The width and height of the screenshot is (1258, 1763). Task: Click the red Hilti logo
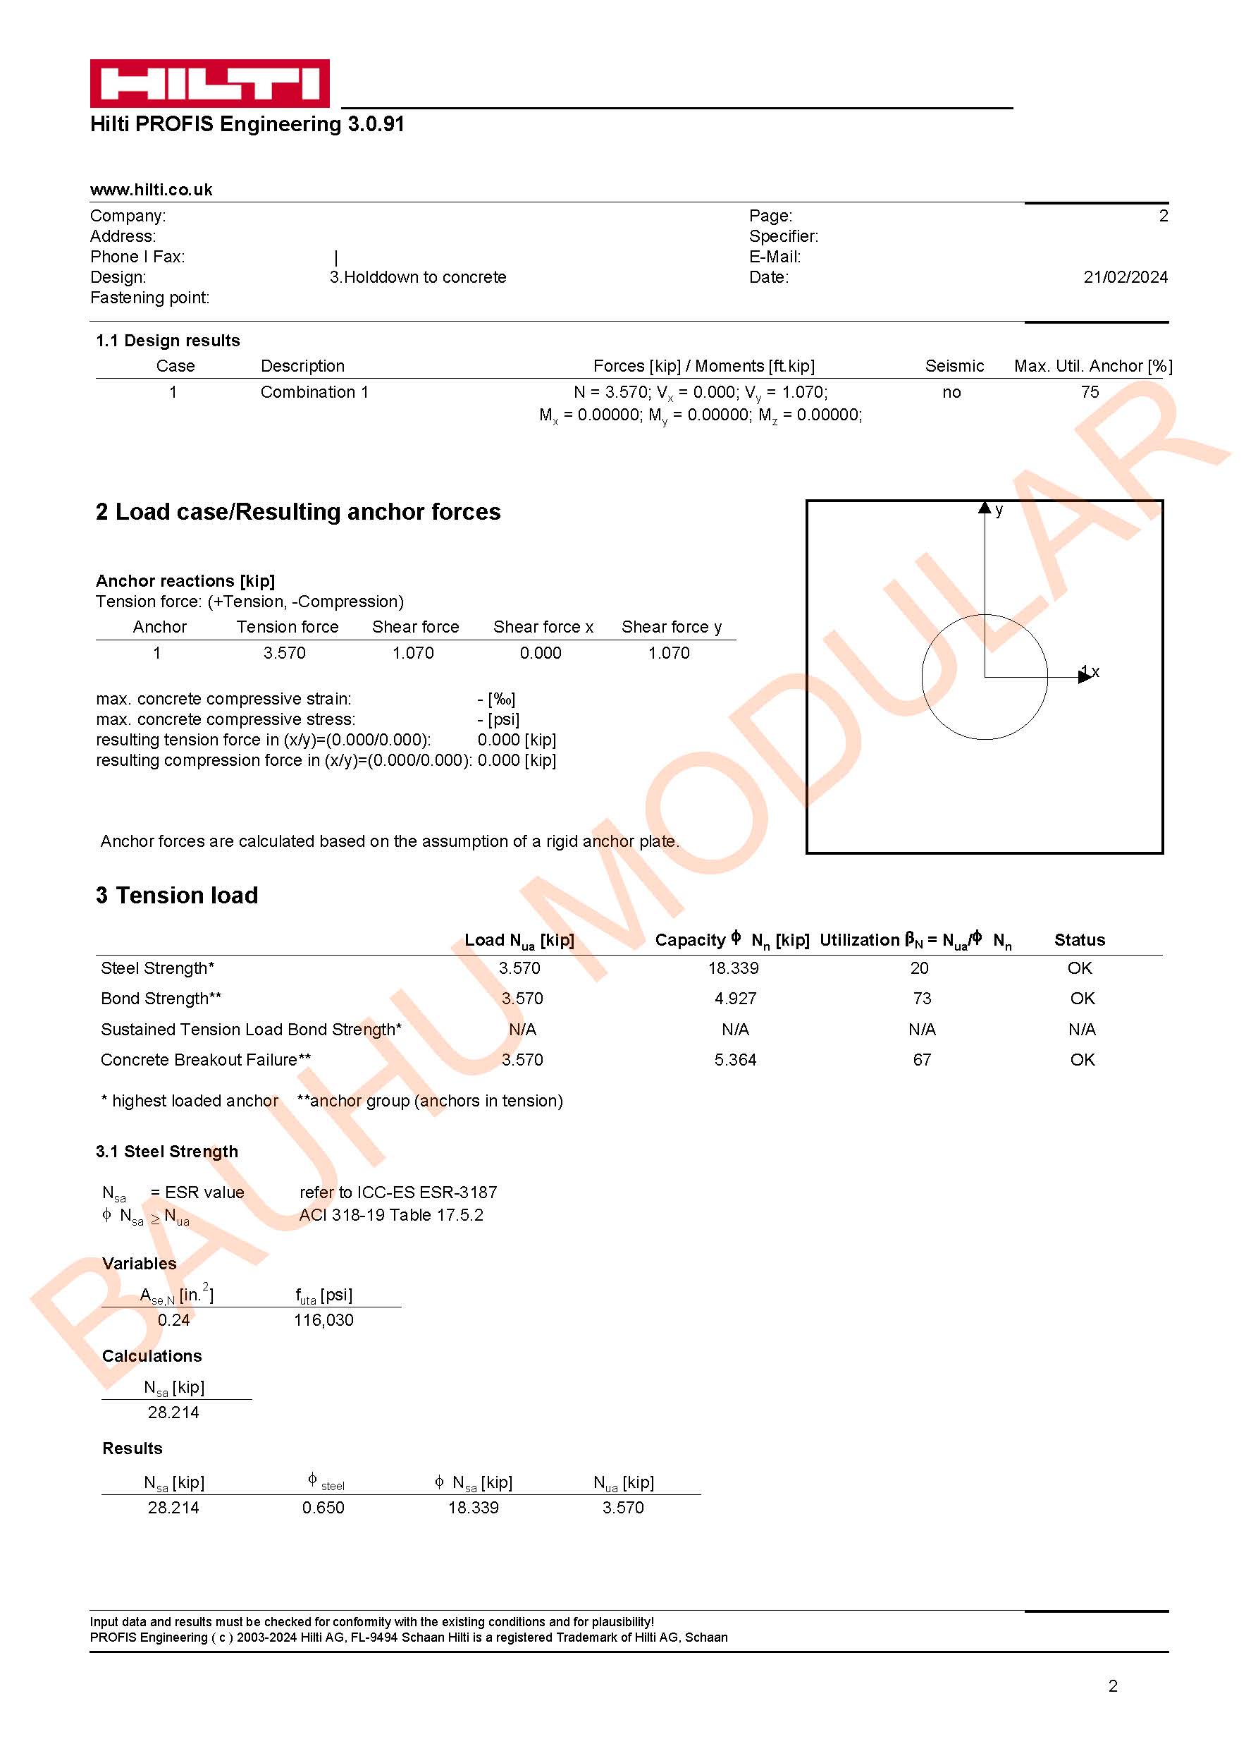coord(209,83)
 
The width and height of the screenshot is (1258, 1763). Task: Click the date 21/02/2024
coord(1125,277)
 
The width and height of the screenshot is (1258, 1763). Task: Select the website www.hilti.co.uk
coord(151,190)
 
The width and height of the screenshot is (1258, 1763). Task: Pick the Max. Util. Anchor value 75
coord(1089,392)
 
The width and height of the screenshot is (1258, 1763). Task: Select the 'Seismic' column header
coord(954,366)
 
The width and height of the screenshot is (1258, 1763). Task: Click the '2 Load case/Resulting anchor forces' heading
coord(297,512)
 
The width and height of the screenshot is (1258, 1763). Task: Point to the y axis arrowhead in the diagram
coord(984,508)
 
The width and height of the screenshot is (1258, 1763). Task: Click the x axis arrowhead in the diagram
coord(1085,676)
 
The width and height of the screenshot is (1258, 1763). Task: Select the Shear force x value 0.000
coord(541,653)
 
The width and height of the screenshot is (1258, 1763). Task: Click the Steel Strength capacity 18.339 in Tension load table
coord(733,969)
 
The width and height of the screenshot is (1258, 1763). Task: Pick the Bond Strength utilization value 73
coord(921,999)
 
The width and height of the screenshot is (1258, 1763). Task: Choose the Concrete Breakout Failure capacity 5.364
coord(734,1060)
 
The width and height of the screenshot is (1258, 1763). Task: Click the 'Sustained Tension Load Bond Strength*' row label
coord(251,1030)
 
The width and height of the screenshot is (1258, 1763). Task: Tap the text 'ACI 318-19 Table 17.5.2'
coord(391,1215)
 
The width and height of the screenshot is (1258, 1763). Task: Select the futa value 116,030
coord(323,1321)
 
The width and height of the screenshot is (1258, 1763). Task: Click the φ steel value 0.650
coord(323,1508)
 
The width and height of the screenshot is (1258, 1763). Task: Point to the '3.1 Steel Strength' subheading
coord(166,1152)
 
